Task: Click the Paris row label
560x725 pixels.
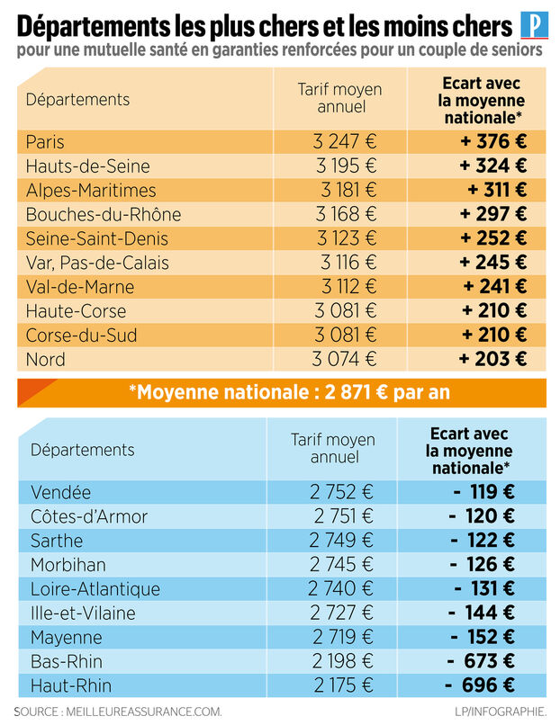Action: pos(45,142)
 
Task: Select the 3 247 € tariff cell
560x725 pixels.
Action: pos(346,142)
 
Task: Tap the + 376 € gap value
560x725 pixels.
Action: pos(492,142)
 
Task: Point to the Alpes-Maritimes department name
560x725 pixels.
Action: pos(91,191)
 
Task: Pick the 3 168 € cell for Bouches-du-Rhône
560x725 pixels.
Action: pos(346,215)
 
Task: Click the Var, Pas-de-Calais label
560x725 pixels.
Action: pos(97,263)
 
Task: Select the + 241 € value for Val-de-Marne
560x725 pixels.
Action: pos(494,287)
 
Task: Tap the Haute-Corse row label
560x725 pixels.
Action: pos(76,311)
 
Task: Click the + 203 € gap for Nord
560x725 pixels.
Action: pos(492,360)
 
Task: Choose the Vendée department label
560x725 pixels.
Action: pos(60,493)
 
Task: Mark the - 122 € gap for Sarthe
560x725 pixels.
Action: pos(483,542)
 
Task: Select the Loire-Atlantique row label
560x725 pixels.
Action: pos(95,589)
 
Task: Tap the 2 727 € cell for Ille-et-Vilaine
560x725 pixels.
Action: pos(340,613)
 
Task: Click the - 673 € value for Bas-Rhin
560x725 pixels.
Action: pos(483,662)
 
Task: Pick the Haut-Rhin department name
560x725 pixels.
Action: pos(71,686)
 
